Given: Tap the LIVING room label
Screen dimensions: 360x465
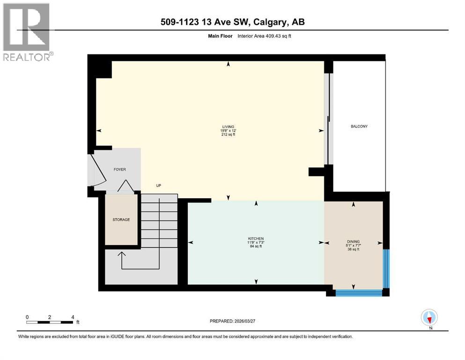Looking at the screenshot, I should (228, 126).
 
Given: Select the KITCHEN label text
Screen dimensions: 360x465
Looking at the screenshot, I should (256, 238).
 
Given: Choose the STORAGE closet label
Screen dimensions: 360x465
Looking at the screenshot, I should (121, 219).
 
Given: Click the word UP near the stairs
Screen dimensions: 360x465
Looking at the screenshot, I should (158, 186).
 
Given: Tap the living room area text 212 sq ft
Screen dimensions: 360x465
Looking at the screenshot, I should (228, 135).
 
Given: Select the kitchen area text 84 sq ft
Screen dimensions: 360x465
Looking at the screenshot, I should (256, 247).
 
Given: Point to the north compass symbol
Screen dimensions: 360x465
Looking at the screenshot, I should (429, 317).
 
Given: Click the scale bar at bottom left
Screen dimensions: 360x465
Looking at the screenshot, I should (50, 322).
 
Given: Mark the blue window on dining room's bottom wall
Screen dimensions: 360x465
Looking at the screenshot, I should (359, 292).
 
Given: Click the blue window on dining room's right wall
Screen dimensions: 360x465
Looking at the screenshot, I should (386, 268).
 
